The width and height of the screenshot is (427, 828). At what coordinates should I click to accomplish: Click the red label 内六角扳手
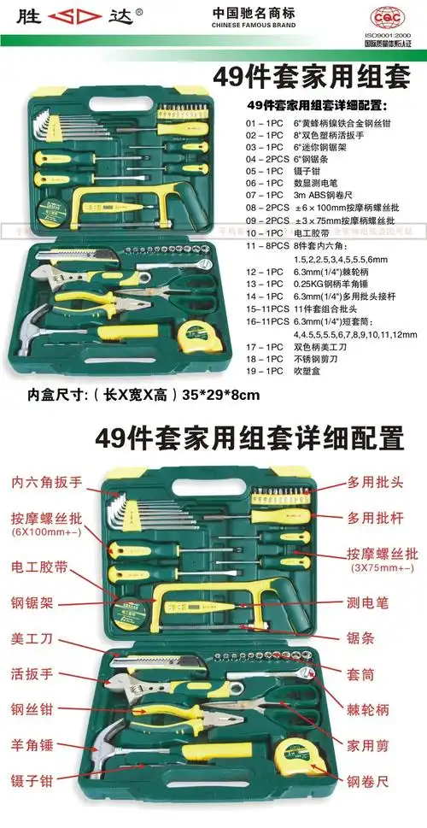pyautogui.click(x=48, y=481)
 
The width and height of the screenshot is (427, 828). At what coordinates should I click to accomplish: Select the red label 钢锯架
pyautogui.click(x=32, y=602)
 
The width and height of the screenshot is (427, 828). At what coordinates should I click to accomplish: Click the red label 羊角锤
pyautogui.click(x=34, y=743)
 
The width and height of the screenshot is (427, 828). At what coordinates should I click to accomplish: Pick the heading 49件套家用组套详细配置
pyautogui.click(x=249, y=439)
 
